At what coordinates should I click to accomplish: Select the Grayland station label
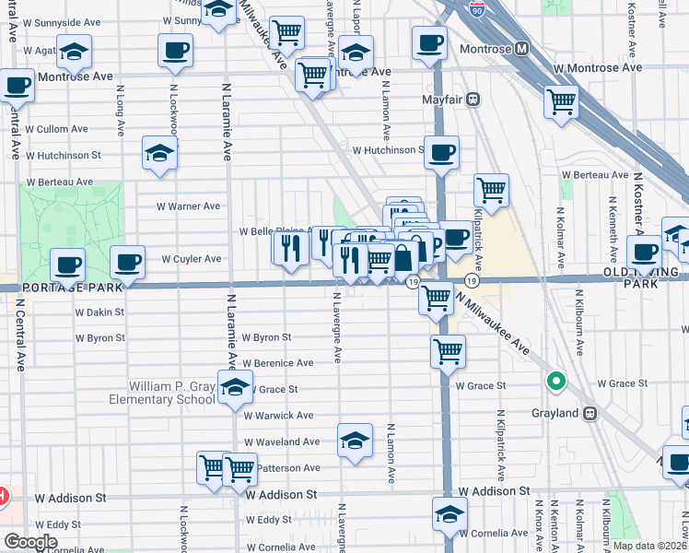coord(555,413)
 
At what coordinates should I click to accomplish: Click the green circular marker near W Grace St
coord(555,380)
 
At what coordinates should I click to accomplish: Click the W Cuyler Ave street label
coord(192,259)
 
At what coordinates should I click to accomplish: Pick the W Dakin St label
coord(99,312)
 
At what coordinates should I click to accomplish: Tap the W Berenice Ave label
coord(277,363)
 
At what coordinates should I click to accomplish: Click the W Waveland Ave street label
coord(282,442)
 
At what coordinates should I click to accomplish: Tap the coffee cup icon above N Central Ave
coord(16,87)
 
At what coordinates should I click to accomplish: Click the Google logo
coord(30,542)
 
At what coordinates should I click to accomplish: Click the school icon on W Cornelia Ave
coord(450,515)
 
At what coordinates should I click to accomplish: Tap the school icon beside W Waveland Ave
coord(355,441)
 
